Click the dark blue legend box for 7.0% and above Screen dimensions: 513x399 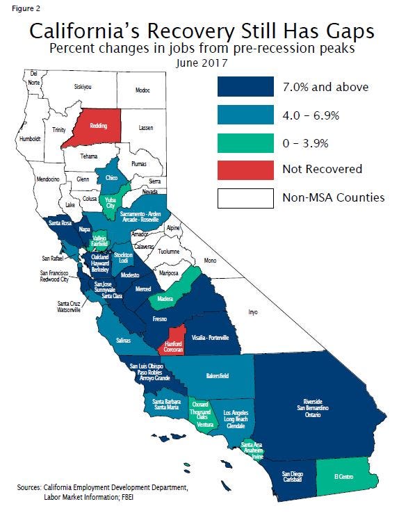[245, 87]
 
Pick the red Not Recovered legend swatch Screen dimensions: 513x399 [245, 169]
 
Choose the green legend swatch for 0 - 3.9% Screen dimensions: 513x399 [245, 142]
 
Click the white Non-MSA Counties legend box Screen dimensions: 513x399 [245, 197]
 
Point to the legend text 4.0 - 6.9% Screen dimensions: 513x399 [311, 115]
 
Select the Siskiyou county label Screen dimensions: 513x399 [83, 87]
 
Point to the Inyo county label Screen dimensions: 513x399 [253, 312]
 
